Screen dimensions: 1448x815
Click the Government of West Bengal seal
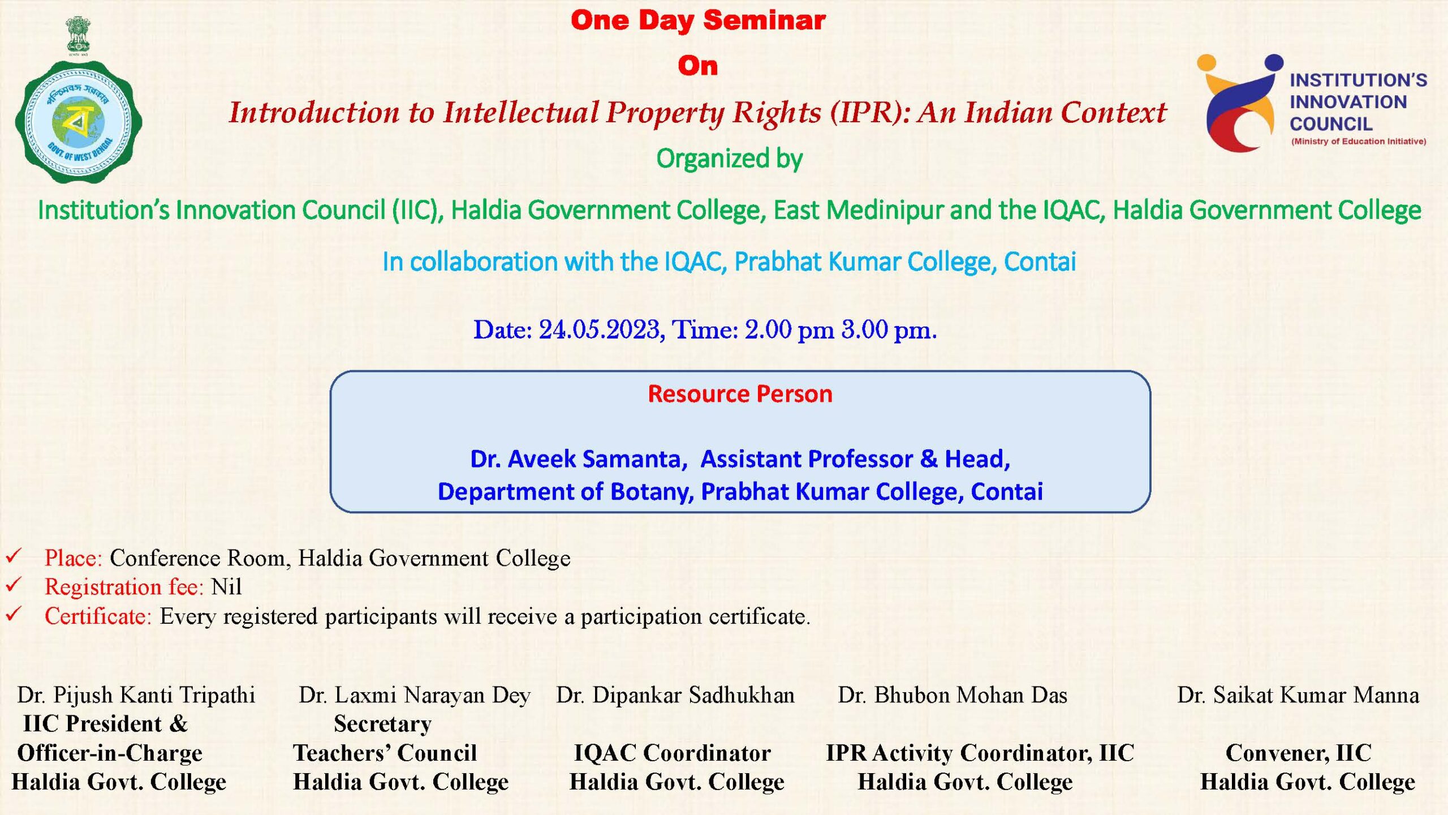tap(79, 122)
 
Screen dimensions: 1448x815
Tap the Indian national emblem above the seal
tap(78, 35)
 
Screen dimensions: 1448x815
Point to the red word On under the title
tap(698, 66)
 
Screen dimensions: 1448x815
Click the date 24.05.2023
tap(602, 329)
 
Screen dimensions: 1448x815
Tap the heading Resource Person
tap(740, 393)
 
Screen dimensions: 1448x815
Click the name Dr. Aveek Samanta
tap(579, 458)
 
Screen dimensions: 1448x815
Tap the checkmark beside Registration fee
tap(14, 584)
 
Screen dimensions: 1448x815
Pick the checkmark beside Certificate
tap(14, 614)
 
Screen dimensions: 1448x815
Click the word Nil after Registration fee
tap(226, 587)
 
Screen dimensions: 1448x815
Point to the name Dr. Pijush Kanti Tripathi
tap(136, 695)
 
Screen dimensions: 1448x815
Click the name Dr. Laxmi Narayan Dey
tap(415, 695)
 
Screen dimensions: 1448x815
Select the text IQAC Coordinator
tap(673, 753)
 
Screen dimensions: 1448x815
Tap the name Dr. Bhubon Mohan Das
tap(953, 695)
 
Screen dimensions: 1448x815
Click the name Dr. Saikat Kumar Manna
tap(1298, 695)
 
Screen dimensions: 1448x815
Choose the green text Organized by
tap(729, 159)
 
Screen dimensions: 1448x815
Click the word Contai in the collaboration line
tap(1040, 261)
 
